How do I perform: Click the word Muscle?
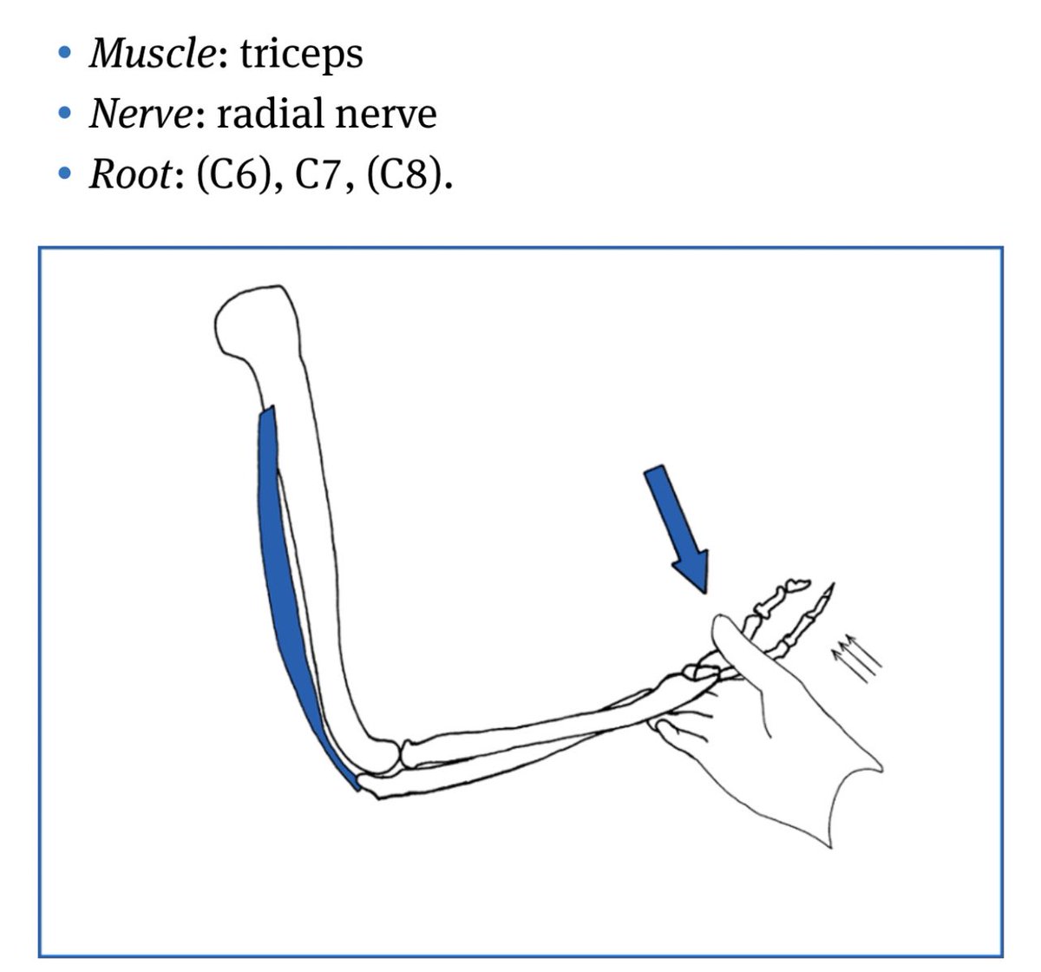click(x=152, y=54)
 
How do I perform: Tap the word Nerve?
click(x=141, y=114)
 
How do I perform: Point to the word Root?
click(x=130, y=174)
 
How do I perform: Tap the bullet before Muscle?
click(x=63, y=55)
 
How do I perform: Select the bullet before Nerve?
click(x=63, y=115)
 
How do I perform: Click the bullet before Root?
click(x=63, y=175)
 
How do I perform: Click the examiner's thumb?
click(x=733, y=638)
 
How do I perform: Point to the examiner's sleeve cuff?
click(x=841, y=798)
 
